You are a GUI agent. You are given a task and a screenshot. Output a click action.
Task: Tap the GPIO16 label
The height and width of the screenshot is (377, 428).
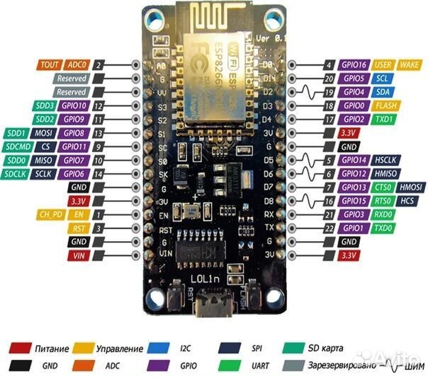(x=354, y=64)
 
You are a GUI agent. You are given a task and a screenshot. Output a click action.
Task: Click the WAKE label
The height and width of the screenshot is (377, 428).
(x=409, y=64)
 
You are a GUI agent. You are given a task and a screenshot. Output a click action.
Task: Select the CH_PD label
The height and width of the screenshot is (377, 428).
(x=48, y=214)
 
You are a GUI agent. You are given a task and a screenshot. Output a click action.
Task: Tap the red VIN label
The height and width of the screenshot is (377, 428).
(x=78, y=255)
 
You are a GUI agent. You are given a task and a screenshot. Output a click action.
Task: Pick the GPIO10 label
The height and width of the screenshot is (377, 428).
(x=74, y=105)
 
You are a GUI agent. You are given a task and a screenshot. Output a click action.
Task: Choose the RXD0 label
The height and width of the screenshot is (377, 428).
(x=383, y=214)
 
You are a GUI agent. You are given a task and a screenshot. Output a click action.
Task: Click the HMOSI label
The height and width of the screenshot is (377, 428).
(x=410, y=187)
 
